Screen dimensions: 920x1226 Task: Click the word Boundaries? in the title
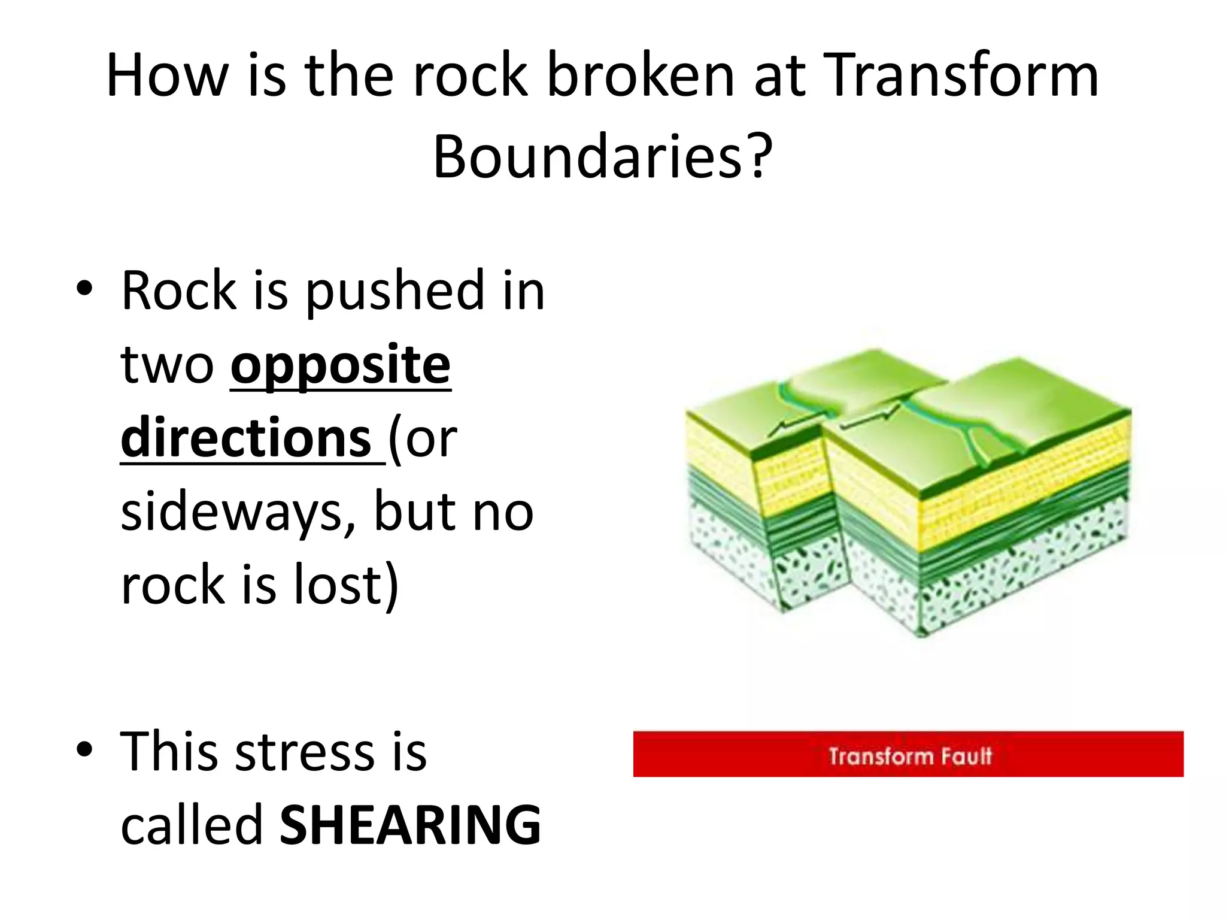coord(602,157)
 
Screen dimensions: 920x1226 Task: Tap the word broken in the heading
coord(641,76)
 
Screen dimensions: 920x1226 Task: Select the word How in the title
coord(167,76)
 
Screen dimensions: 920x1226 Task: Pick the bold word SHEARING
coord(410,825)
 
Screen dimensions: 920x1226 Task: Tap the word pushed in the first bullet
coord(395,292)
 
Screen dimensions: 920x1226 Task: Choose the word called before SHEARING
coord(192,825)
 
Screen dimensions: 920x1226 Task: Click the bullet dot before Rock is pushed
coord(85,289)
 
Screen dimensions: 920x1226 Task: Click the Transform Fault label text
coord(909,756)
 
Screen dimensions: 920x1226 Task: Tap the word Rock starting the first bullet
coord(179,292)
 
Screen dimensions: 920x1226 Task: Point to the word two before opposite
coord(167,366)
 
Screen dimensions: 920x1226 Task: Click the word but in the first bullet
coord(413,513)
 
